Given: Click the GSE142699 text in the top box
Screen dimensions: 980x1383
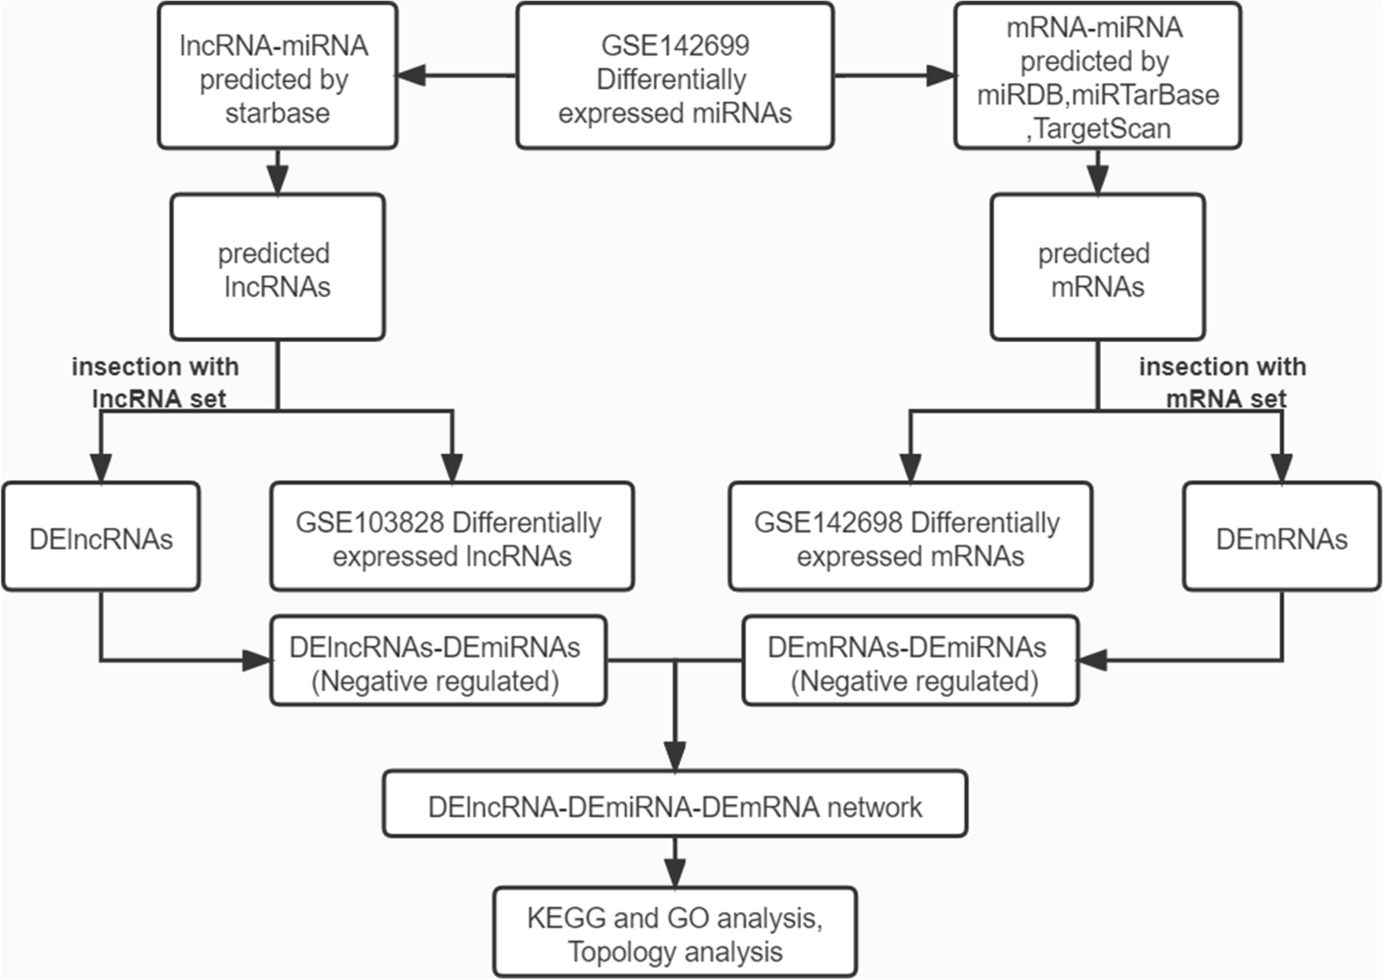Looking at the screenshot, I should coord(674,45).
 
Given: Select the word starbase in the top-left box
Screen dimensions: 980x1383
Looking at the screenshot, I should coord(277,113).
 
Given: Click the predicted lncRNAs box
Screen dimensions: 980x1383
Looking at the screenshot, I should coord(277,267).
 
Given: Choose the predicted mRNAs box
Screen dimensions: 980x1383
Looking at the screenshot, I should coord(1097,267).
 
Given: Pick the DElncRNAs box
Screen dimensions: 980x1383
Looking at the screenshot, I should coord(101,538).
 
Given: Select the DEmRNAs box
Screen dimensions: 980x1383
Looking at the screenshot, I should coord(1281,538).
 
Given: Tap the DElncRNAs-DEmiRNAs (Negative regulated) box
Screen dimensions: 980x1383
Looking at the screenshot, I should coord(438,662).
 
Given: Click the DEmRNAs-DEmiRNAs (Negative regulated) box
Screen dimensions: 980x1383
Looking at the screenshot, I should coord(910,662).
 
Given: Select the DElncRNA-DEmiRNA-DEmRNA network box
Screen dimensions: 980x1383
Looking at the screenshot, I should coord(674,806).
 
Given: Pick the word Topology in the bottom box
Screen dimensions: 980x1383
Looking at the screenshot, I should coord(617,952).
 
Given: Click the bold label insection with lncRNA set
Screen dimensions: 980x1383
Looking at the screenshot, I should coord(155,382).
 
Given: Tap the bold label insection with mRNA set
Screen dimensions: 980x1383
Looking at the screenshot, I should coord(1223,382).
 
